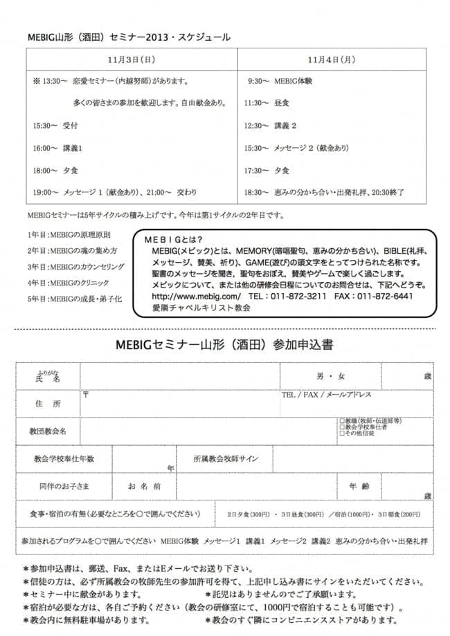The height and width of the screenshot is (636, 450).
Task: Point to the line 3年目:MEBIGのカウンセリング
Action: point(75,266)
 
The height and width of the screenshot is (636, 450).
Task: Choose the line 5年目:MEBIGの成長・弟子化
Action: point(74,299)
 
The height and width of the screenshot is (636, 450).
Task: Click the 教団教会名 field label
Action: point(48,431)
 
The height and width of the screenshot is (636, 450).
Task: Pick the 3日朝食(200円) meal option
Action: point(398,514)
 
